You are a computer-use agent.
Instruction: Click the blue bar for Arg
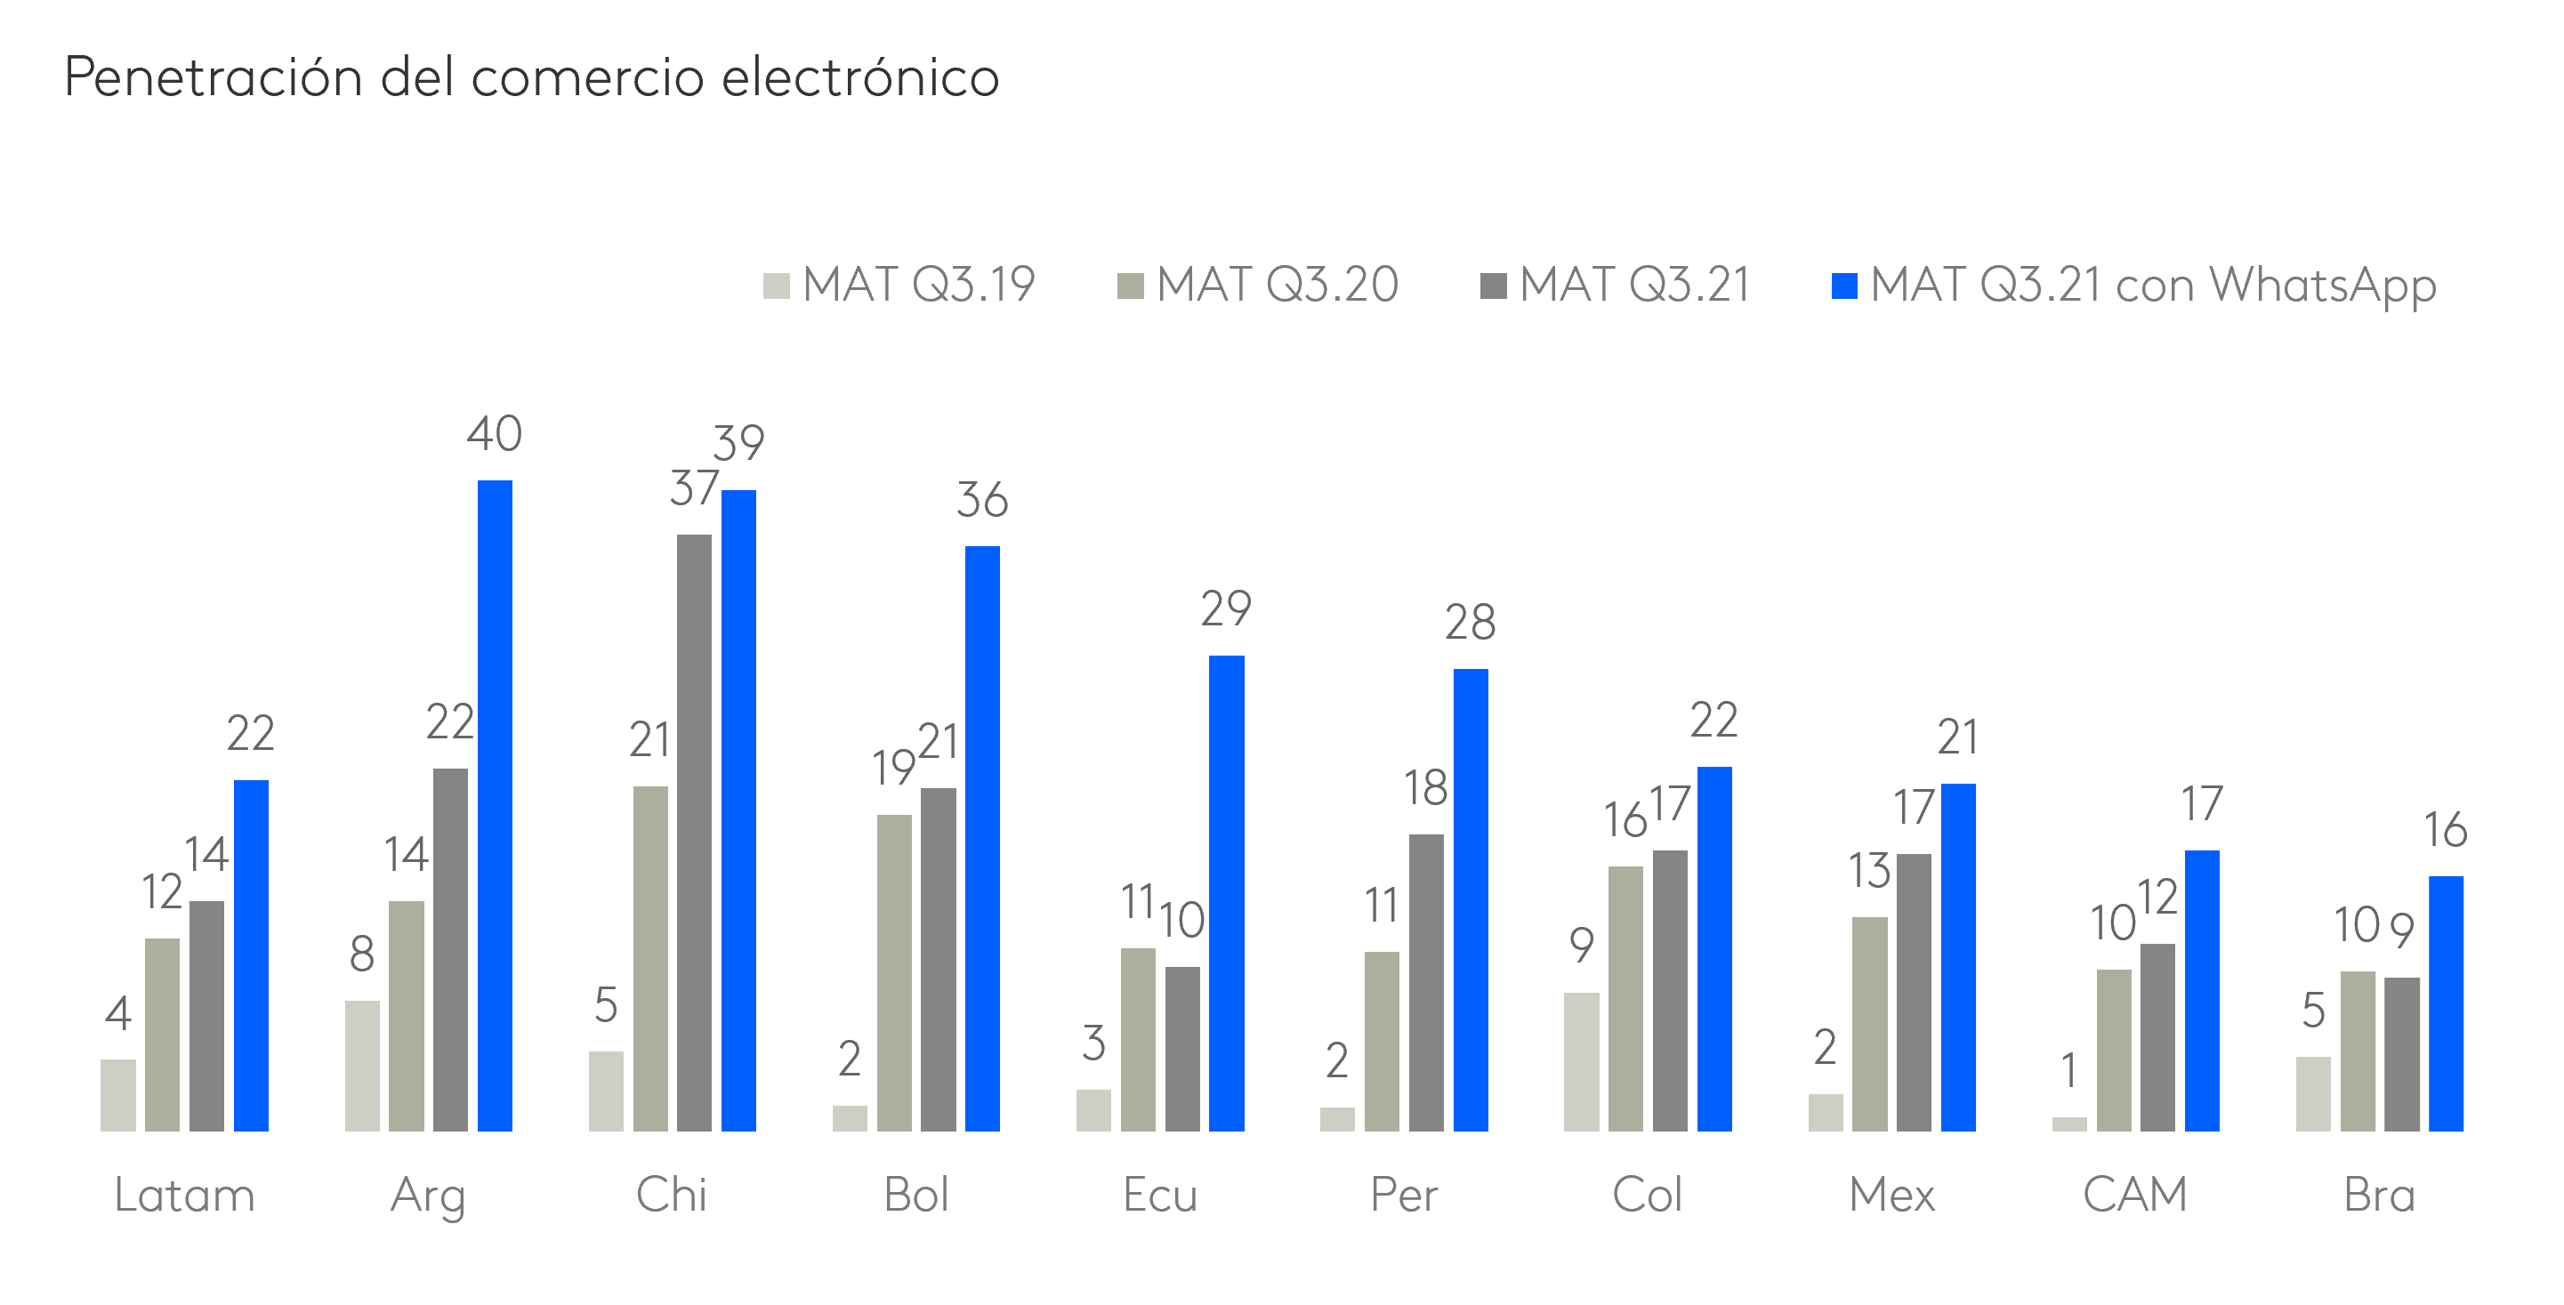(495, 805)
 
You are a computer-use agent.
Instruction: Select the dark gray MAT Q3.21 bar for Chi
(694, 832)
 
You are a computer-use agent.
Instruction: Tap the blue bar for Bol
(982, 838)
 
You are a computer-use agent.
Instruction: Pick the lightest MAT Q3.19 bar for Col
(1581, 1061)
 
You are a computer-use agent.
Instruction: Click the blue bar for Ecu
(1226, 893)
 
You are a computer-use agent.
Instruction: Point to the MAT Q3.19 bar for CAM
(2069, 1124)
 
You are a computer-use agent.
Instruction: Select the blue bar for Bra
(2446, 1003)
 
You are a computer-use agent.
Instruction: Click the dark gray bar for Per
(1425, 982)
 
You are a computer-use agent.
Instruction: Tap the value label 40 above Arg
(495, 434)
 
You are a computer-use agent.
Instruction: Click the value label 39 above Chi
(738, 443)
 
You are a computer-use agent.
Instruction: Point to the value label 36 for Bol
(982, 500)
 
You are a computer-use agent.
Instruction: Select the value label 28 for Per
(1470, 623)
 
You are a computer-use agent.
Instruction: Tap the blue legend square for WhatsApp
(1844, 286)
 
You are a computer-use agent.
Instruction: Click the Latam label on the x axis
(184, 1195)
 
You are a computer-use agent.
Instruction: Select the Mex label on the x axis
(1891, 1195)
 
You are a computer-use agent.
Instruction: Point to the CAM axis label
(2135, 1195)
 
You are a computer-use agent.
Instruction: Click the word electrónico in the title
(860, 77)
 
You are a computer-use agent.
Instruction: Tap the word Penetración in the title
(213, 77)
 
